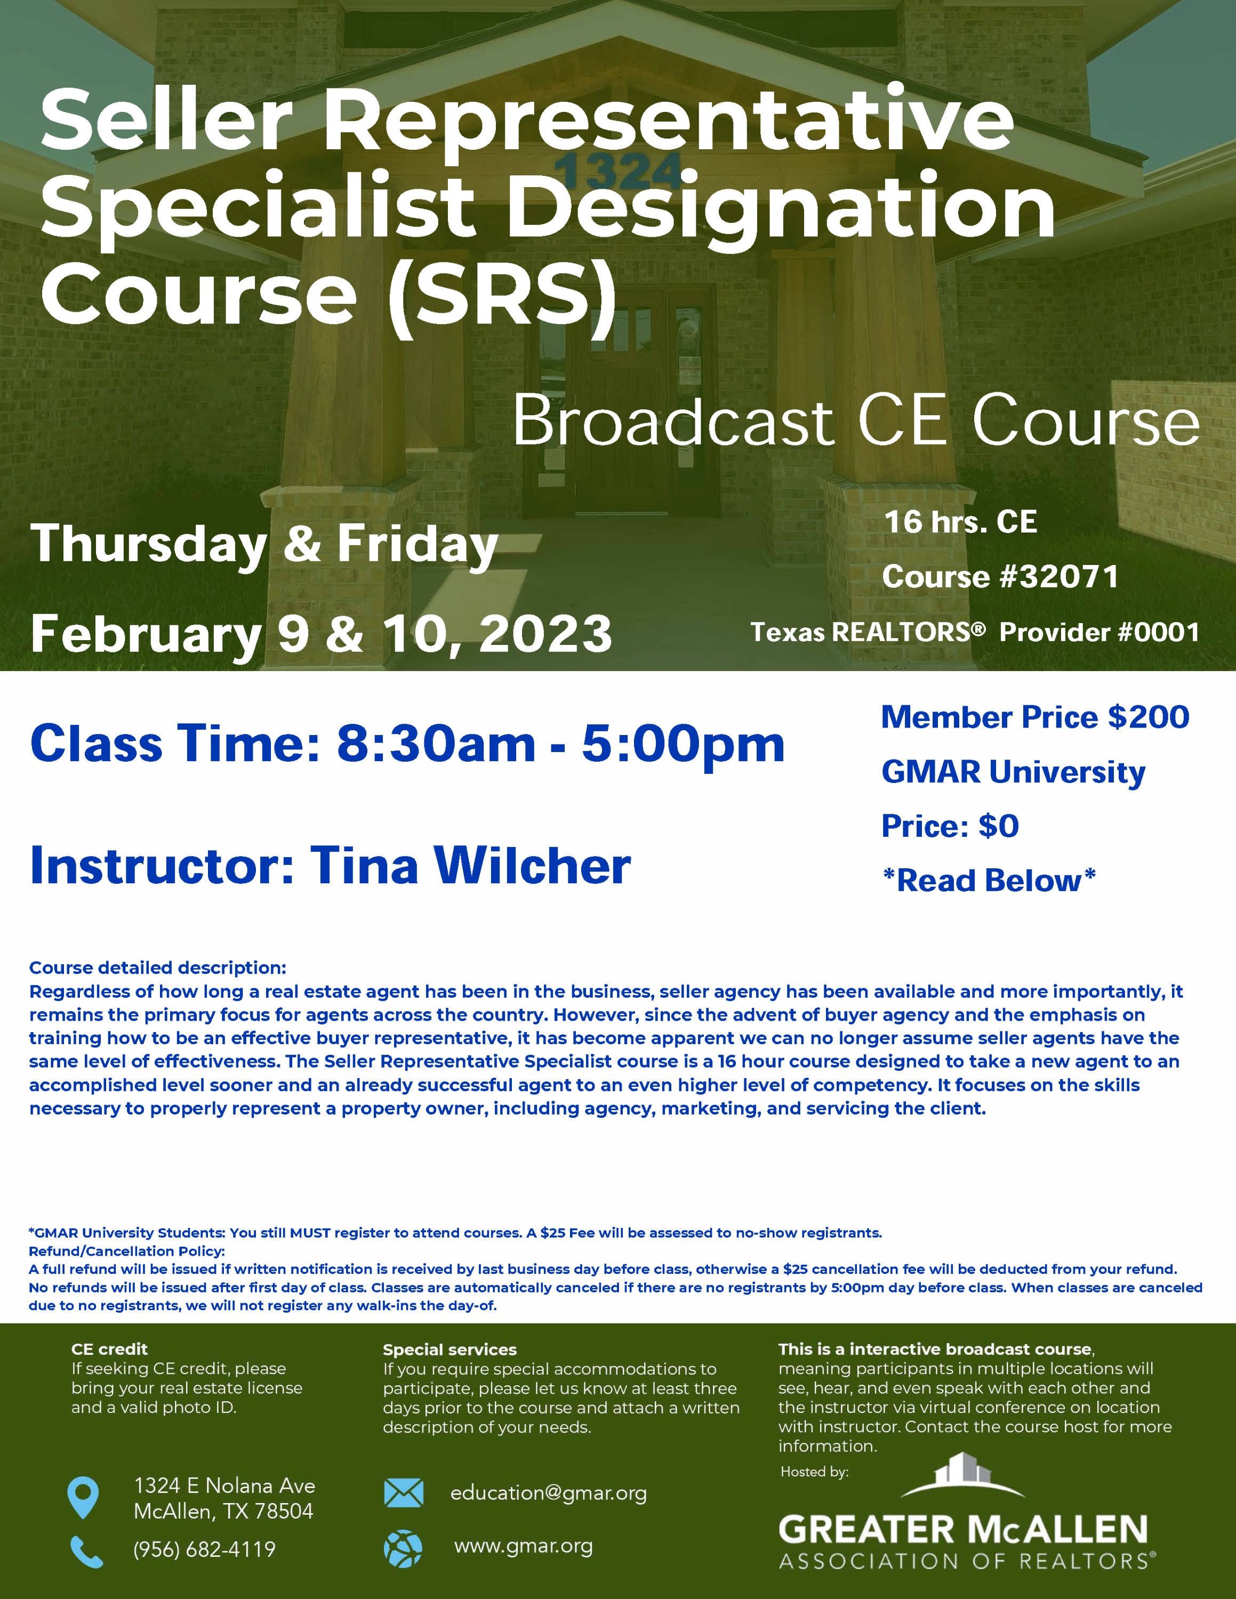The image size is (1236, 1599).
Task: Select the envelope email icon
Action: pyautogui.click(x=404, y=1493)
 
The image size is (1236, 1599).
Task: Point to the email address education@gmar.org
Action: pyautogui.click(x=549, y=1493)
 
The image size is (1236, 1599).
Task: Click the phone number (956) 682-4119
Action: pyautogui.click(x=204, y=1549)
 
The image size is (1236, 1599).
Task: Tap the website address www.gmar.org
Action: pyautogui.click(x=524, y=1546)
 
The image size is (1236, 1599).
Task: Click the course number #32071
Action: pyautogui.click(x=1059, y=576)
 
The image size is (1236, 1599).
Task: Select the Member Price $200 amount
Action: pyautogui.click(x=1148, y=717)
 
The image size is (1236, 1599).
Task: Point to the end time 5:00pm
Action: pyautogui.click(x=683, y=745)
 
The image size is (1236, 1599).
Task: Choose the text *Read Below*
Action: pyautogui.click(x=989, y=880)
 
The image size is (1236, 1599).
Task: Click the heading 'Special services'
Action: pyautogui.click(x=450, y=1350)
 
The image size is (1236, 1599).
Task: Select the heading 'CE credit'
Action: pyautogui.click(x=109, y=1348)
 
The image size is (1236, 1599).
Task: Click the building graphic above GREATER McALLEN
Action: pyautogui.click(x=962, y=1475)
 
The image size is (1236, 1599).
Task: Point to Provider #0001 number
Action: pyautogui.click(x=1099, y=632)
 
